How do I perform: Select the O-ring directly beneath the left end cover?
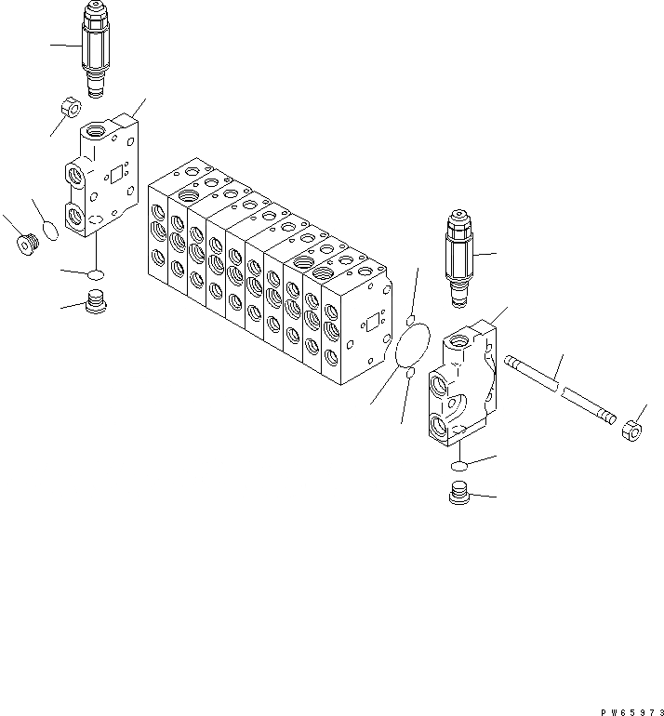click(94, 273)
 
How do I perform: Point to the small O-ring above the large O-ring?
click(409, 321)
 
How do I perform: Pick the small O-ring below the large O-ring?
click(409, 373)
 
